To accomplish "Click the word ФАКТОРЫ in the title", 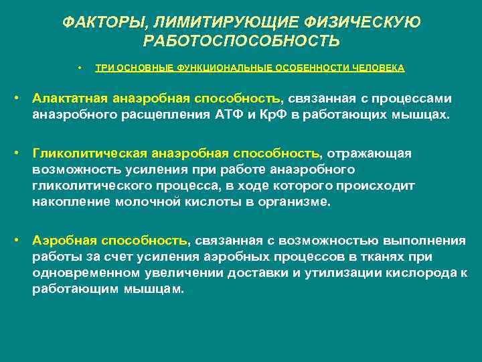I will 96,22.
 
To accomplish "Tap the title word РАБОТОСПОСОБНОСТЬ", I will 241,42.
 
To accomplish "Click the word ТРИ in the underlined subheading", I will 104,68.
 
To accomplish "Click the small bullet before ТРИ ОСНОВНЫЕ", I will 79,68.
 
